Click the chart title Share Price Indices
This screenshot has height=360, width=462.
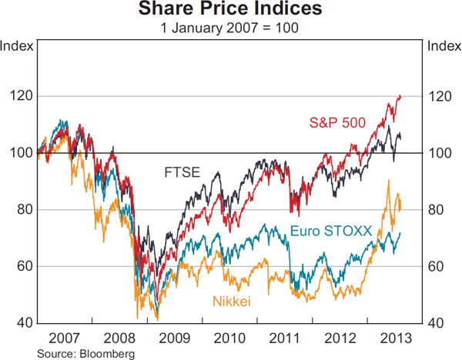(x=231, y=10)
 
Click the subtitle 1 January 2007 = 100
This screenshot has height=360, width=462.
(x=231, y=28)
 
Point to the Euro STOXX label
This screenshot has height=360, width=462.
(x=331, y=230)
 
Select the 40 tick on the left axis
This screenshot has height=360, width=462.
(x=22, y=323)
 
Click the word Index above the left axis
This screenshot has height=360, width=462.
(x=17, y=45)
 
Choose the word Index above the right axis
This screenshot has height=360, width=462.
(x=444, y=45)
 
